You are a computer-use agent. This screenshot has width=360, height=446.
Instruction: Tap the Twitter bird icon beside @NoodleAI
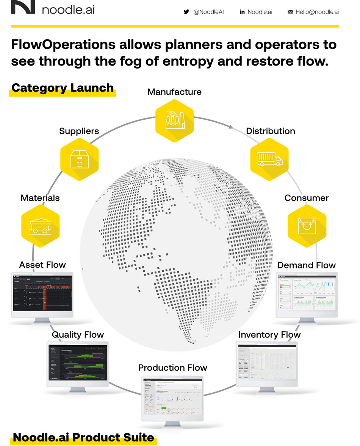coord(186,12)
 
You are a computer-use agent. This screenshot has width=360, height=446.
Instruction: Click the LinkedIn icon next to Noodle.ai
coord(242,12)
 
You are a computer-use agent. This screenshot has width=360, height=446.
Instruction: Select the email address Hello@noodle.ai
coord(317,12)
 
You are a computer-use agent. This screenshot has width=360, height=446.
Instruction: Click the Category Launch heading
coord(63,88)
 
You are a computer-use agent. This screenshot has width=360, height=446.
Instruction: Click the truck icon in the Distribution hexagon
coord(269,158)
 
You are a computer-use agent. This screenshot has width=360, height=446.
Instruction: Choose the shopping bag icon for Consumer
coord(307,226)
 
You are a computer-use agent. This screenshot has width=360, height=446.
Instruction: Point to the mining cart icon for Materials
coord(40,226)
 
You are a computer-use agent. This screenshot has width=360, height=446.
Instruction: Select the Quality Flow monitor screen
coord(78,363)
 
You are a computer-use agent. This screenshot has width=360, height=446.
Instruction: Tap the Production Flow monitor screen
coord(173,398)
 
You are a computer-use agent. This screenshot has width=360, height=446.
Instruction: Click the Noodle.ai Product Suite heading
coord(83,437)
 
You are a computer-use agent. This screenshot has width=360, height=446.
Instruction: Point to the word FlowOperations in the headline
coord(63,44)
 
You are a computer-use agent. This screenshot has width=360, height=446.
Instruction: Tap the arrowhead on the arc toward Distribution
coord(231,128)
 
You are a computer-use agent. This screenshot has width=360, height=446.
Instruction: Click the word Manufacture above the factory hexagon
coord(174,92)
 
